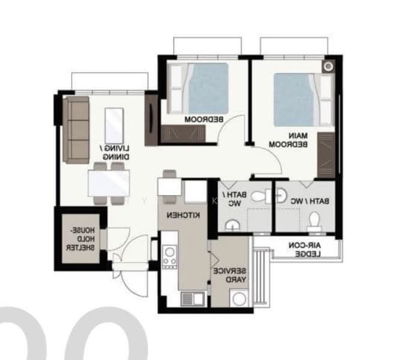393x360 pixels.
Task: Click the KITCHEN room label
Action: pos(184,215)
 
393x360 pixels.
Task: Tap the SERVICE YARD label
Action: pos(230,275)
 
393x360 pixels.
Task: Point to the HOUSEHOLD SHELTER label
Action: pos(80,239)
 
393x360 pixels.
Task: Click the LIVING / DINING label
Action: pos(116,152)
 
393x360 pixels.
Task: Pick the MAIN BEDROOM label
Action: pos(288,140)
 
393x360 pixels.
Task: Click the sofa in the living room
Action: pos(76,130)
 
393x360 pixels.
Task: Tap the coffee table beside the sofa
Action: pos(114,126)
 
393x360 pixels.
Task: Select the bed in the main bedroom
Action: pos(304,100)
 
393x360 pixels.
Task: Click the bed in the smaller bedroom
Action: pos(198,88)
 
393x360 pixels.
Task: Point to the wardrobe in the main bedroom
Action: pos(326,155)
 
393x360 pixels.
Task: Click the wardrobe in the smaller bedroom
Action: pos(183,134)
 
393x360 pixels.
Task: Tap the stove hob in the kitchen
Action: pos(169,256)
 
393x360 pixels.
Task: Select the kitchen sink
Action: pos(192,299)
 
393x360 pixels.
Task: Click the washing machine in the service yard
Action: pos(239,298)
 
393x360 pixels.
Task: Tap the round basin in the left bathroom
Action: pos(232,225)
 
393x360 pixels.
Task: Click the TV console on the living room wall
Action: pos(151,120)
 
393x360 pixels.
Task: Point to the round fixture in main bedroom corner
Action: pos(328,67)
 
